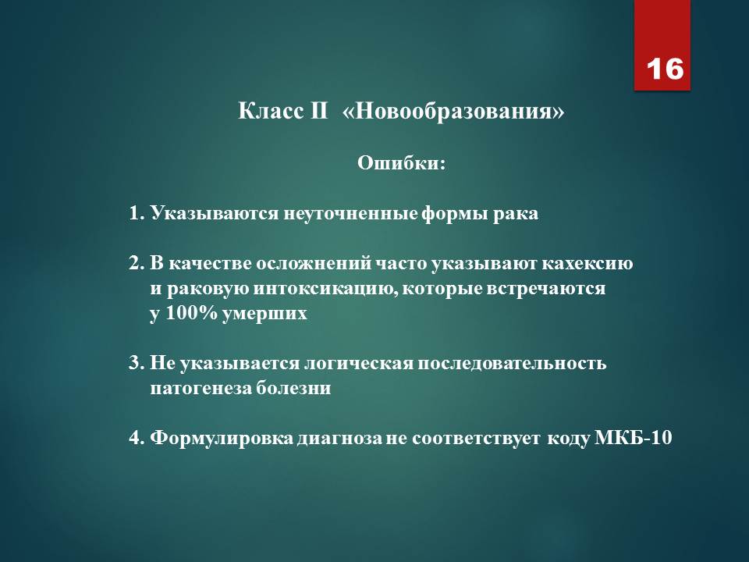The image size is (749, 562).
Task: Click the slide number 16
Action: click(665, 69)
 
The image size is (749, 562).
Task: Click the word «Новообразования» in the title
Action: click(453, 112)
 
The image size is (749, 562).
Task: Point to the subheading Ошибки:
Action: click(401, 163)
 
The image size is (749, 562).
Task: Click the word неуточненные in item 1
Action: click(350, 213)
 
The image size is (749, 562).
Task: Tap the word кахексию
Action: click(587, 264)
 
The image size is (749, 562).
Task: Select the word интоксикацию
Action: click(325, 289)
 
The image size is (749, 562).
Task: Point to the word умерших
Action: click(264, 315)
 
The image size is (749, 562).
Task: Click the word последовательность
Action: click(512, 364)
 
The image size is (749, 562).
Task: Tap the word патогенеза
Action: click(201, 388)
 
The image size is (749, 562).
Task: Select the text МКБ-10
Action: click(633, 437)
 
